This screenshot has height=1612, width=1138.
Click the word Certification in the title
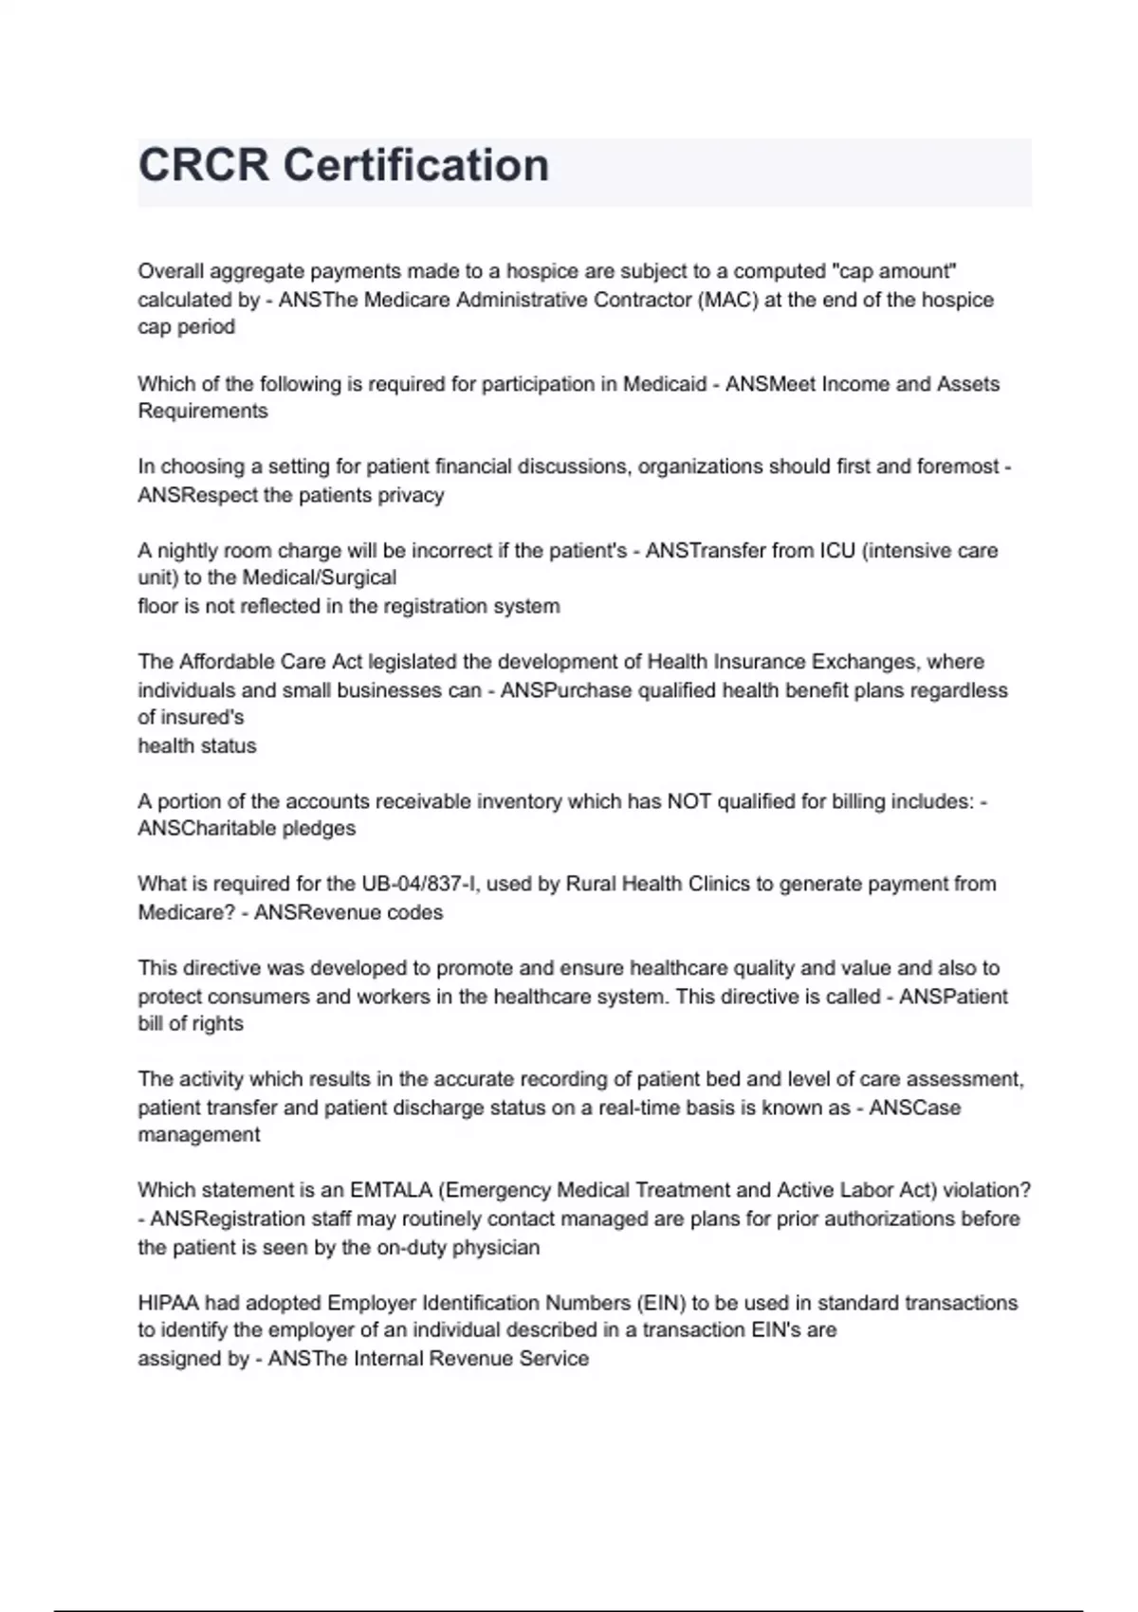point(416,165)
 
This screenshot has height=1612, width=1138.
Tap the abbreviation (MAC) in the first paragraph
point(730,300)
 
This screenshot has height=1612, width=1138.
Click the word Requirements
point(203,411)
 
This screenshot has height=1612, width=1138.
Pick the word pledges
point(320,829)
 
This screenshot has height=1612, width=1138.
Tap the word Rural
point(591,885)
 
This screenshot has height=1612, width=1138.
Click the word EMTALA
point(392,1191)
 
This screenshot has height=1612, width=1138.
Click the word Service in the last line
point(554,1359)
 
